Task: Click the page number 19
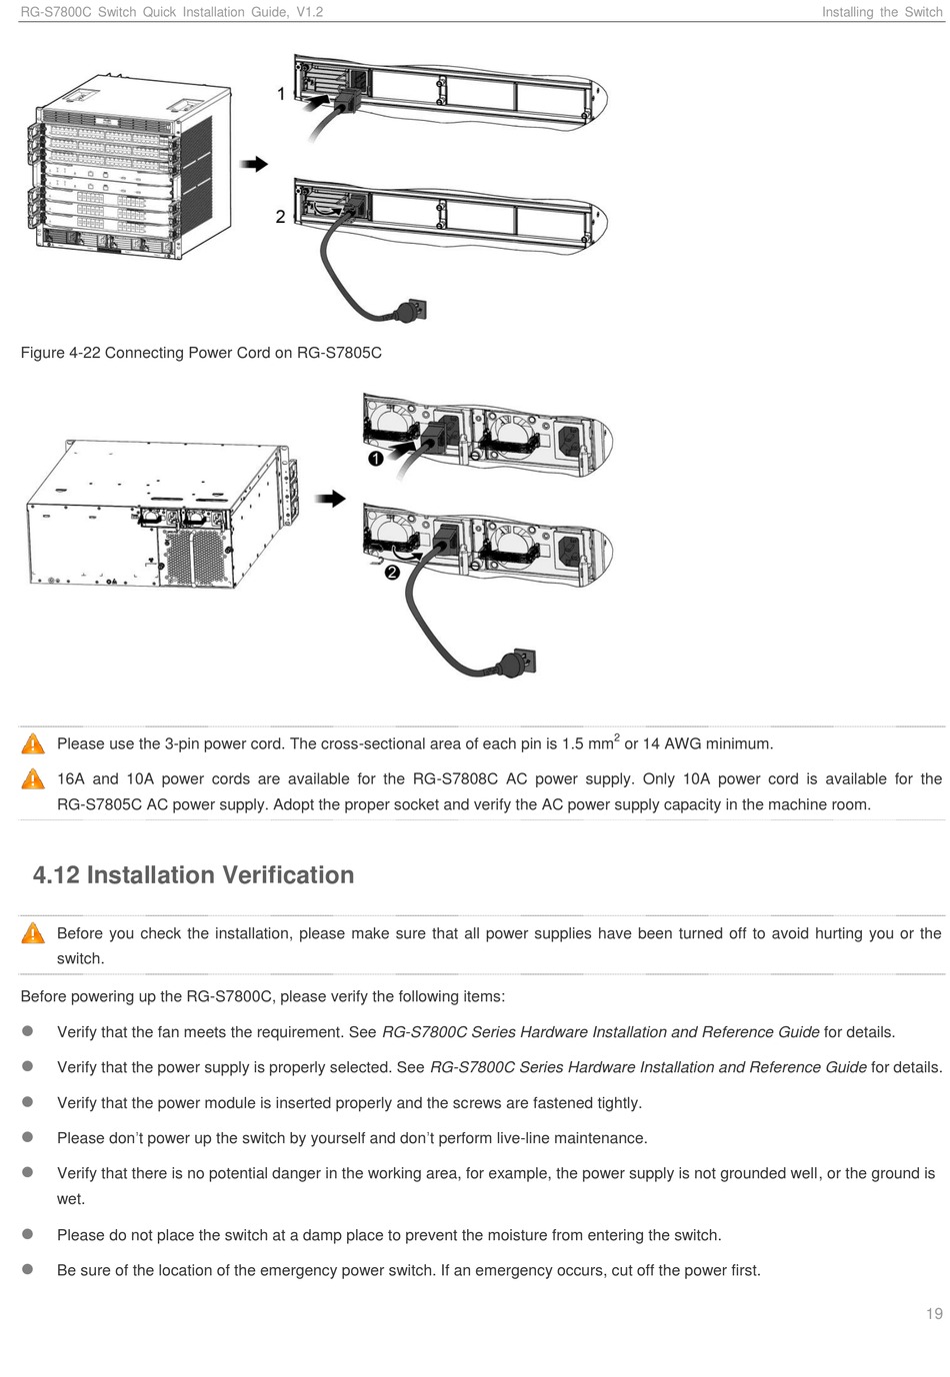(934, 1313)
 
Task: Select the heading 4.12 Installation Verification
(194, 875)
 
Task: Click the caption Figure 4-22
(201, 353)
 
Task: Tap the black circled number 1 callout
(375, 459)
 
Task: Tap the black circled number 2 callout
(391, 572)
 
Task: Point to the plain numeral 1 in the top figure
(282, 94)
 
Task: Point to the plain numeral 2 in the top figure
(281, 217)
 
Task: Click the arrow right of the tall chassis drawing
(255, 164)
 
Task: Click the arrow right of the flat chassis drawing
(331, 498)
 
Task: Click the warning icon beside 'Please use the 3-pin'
(33, 743)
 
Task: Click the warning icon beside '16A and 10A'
(33, 778)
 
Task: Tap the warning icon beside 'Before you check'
(33, 933)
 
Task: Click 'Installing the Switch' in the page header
(881, 12)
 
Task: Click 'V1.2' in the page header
(309, 12)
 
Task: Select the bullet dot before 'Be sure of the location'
(29, 1269)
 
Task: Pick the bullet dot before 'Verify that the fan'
(29, 1031)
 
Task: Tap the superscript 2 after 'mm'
(617, 737)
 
